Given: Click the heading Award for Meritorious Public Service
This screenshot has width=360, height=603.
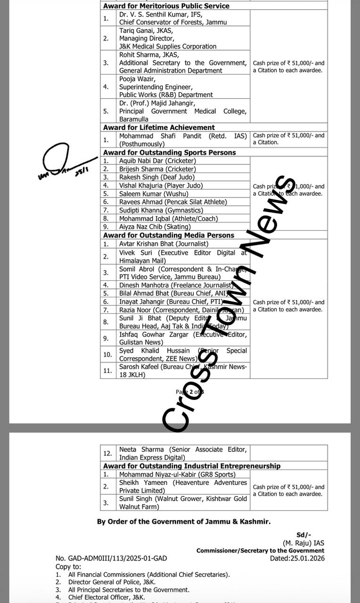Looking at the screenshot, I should point(166,6).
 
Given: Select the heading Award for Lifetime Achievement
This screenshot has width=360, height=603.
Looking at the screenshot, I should point(159,128).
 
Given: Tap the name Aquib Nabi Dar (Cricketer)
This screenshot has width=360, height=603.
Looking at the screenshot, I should point(157,161).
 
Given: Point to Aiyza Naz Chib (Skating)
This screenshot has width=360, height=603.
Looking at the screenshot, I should point(155,227).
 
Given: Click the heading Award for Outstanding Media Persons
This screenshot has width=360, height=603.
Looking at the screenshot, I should point(169,235).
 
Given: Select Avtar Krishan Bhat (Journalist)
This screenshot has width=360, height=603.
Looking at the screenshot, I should point(164,244).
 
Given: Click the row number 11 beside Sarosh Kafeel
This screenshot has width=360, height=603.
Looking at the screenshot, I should point(107,371).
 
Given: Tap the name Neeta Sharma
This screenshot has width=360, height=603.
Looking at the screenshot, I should point(141,449).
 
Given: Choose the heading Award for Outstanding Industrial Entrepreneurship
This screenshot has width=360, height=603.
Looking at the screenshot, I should point(192,466).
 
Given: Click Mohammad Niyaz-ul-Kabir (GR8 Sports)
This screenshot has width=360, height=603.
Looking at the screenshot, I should point(177,474).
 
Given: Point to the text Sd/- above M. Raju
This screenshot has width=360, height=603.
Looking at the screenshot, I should point(303,535).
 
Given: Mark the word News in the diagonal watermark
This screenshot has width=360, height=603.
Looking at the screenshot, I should point(268,217).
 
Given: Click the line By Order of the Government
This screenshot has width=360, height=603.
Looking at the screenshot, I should point(184,522).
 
